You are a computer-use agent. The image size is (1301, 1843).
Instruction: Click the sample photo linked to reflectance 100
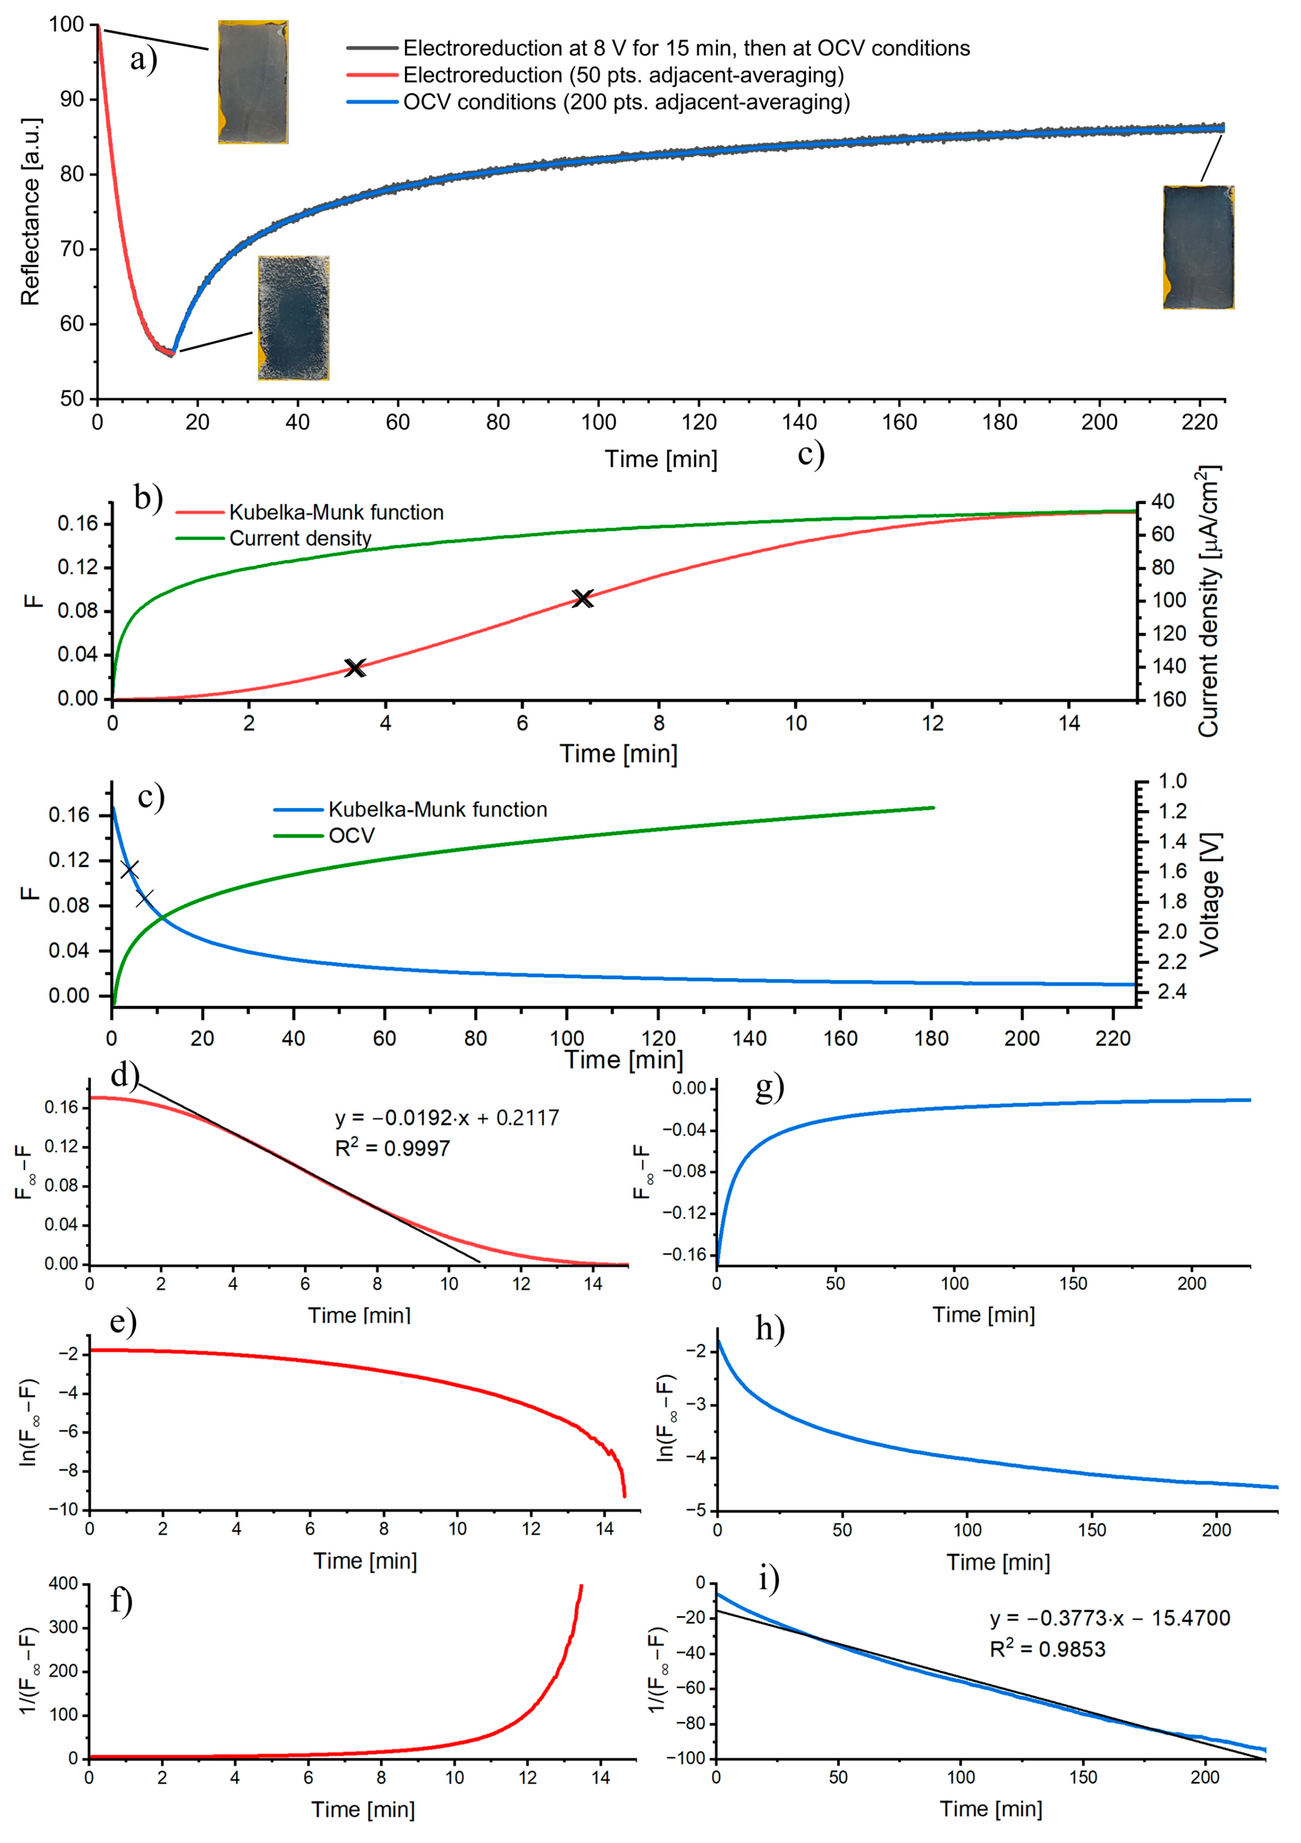(253, 83)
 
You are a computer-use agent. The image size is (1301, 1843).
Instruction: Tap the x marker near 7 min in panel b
(582, 598)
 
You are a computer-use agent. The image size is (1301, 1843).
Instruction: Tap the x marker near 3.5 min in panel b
(355, 667)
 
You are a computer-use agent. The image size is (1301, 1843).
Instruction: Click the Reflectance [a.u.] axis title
(31, 212)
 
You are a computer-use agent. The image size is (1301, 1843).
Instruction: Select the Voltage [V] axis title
(1209, 893)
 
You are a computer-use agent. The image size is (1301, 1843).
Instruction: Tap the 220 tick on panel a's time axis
(1199, 422)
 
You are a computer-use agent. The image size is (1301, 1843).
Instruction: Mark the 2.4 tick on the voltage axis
(1172, 992)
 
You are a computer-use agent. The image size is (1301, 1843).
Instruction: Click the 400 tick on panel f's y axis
(64, 1584)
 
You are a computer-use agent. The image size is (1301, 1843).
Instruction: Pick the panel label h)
(770, 1329)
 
